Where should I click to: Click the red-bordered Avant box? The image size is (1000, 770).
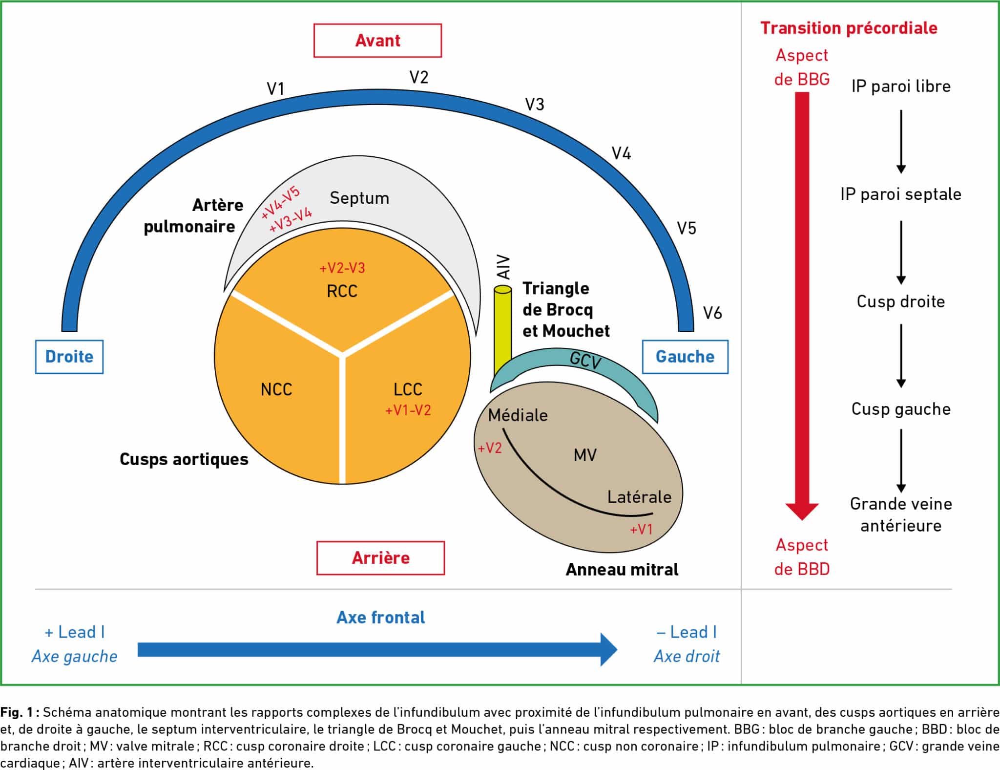(x=377, y=41)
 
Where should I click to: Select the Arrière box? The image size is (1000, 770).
(x=380, y=557)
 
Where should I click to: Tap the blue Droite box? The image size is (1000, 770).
(x=69, y=357)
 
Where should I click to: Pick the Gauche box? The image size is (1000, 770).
(x=685, y=357)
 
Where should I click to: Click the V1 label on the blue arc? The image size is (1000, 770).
(x=275, y=88)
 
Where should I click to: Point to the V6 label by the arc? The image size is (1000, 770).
(x=712, y=313)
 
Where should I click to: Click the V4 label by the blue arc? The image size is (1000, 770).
(x=621, y=153)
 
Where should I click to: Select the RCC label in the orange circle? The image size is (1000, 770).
(x=342, y=291)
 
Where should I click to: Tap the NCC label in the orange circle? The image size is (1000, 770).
(x=276, y=389)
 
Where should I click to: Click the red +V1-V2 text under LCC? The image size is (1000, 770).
(x=408, y=410)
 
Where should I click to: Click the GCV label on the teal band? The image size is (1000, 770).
(x=585, y=361)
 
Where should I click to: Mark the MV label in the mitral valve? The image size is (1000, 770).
(x=585, y=455)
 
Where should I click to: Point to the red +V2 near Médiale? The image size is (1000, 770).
(x=490, y=448)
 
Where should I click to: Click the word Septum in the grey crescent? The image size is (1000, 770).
(x=359, y=198)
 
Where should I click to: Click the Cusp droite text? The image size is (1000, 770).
(x=900, y=301)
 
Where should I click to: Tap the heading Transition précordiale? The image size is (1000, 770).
(x=849, y=28)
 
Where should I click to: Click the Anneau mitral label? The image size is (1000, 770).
(x=622, y=569)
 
